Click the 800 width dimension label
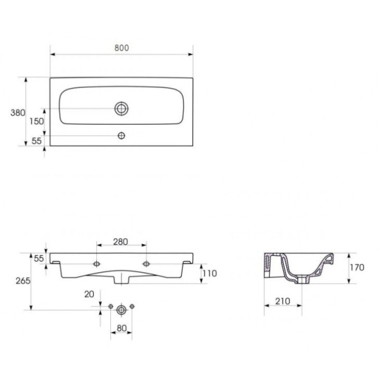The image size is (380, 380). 122,47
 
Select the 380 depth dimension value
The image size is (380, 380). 18,113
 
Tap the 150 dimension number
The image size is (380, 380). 37,121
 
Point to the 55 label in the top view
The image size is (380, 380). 37,141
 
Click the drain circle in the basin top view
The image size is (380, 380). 122,108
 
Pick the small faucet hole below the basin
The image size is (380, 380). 122,136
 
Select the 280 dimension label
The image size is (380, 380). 120,242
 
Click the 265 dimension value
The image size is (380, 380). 23,281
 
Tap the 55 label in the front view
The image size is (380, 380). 39,258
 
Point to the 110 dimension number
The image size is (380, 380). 210,274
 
